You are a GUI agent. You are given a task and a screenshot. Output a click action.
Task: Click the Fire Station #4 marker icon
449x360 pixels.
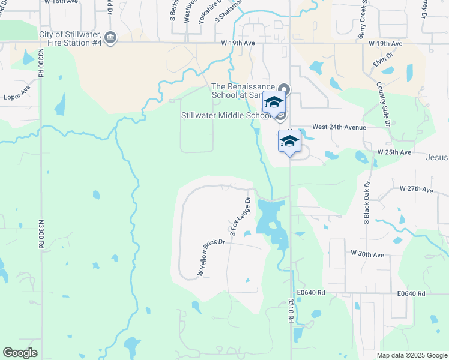(x=110, y=38)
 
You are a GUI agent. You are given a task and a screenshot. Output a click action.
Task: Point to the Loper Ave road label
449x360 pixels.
(x=17, y=94)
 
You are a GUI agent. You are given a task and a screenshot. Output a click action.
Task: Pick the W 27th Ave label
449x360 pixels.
(x=416, y=189)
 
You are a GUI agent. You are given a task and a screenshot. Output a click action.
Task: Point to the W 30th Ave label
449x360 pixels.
(x=367, y=254)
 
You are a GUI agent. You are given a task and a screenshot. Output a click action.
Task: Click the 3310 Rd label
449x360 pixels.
(x=291, y=311)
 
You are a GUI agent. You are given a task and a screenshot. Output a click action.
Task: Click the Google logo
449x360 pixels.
(x=20, y=353)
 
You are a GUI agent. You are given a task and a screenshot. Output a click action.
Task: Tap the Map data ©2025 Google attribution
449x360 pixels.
(x=411, y=355)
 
